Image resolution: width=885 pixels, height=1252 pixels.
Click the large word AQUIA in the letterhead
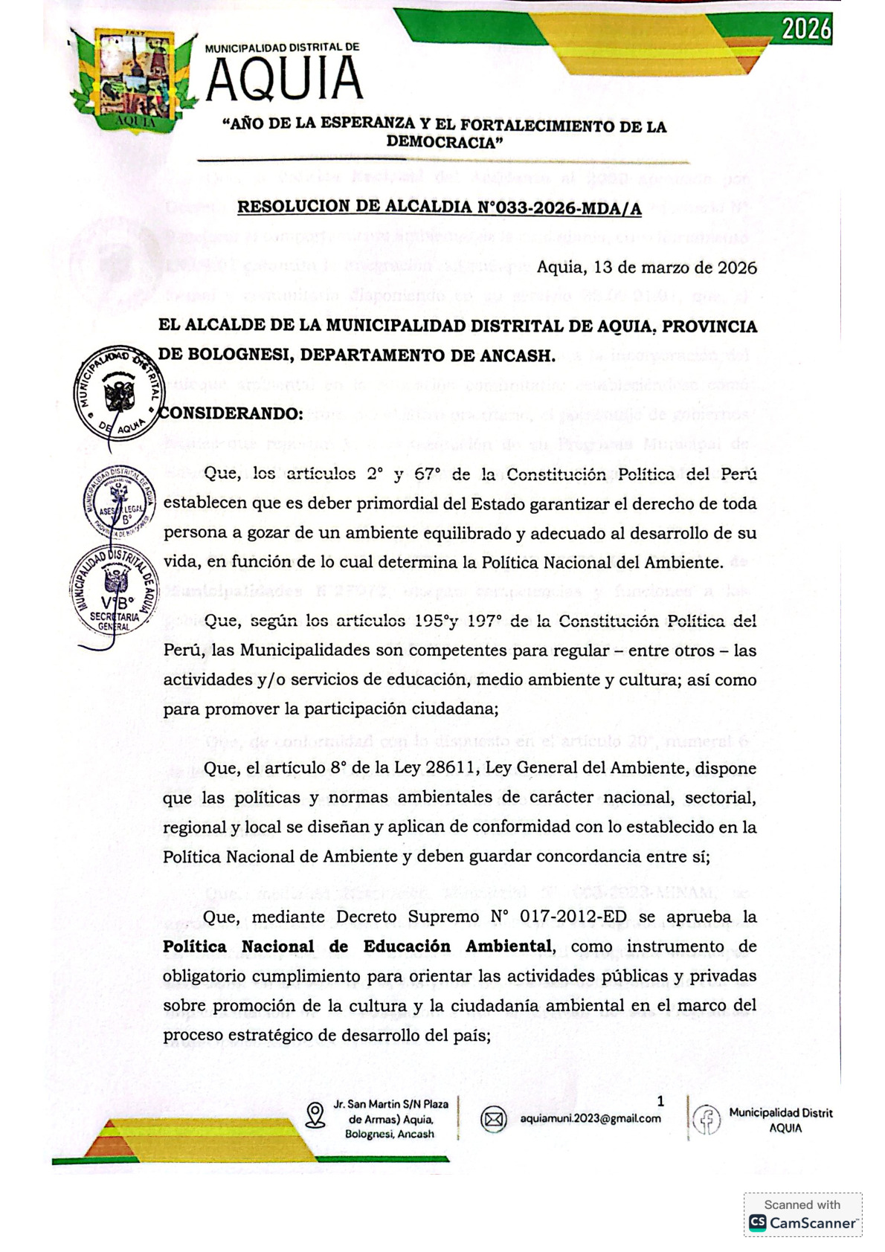(x=284, y=79)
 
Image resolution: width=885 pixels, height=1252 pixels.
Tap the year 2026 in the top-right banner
(x=806, y=29)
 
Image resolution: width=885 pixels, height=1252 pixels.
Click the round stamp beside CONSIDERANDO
(x=118, y=392)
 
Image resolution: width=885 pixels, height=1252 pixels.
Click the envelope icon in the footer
(x=493, y=1119)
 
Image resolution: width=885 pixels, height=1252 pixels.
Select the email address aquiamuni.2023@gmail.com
(x=590, y=1118)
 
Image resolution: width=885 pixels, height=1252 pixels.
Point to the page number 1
(x=660, y=1102)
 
